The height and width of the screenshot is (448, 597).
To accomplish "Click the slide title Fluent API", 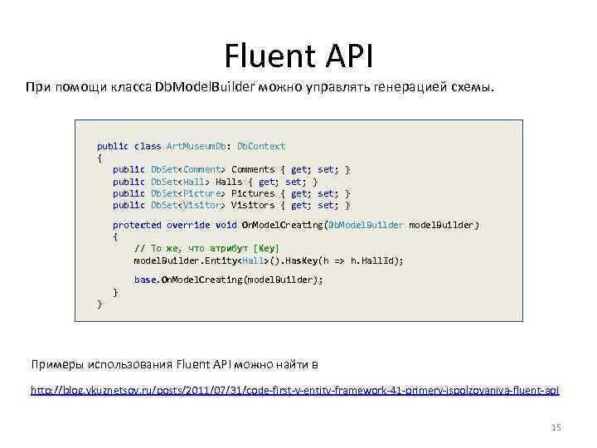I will pos(298,56).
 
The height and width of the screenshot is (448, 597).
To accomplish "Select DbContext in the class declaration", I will pos(261,146).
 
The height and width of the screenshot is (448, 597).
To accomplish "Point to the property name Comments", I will pos(253,169).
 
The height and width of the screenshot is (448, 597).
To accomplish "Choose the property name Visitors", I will pos(253,205).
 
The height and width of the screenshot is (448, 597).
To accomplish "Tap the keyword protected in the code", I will pos(137,225).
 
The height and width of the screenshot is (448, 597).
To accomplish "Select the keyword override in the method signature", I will pos(188,225).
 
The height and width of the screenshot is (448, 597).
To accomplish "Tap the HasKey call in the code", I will pos(308,261).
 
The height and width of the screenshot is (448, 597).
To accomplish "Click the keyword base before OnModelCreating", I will pos(145,280).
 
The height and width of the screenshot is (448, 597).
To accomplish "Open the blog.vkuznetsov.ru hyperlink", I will pos(295,390).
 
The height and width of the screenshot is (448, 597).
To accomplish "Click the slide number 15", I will pos(556,427).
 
